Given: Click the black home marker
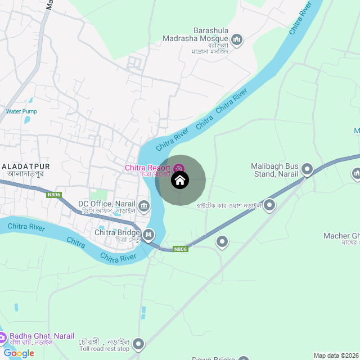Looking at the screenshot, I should (x=180, y=180).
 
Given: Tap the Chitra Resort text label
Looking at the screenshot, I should (x=147, y=168).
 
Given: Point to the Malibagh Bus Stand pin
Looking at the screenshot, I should (x=307, y=168).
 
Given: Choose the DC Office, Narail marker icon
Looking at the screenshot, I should (x=145, y=205).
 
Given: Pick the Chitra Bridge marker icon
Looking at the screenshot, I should (x=148, y=234).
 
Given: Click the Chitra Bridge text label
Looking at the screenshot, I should (x=117, y=232).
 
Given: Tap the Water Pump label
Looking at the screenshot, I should (x=21, y=111).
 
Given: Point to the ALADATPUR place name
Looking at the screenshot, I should (x=26, y=166).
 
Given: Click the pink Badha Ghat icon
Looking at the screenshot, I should (x=3, y=337).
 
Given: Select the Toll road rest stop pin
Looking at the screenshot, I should (x=138, y=344).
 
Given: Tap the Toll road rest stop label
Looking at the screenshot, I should (x=104, y=349).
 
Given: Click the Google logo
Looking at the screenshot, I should (x=19, y=353).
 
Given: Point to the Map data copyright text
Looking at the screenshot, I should (x=335, y=355).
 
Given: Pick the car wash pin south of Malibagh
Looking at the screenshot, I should (x=270, y=205).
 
